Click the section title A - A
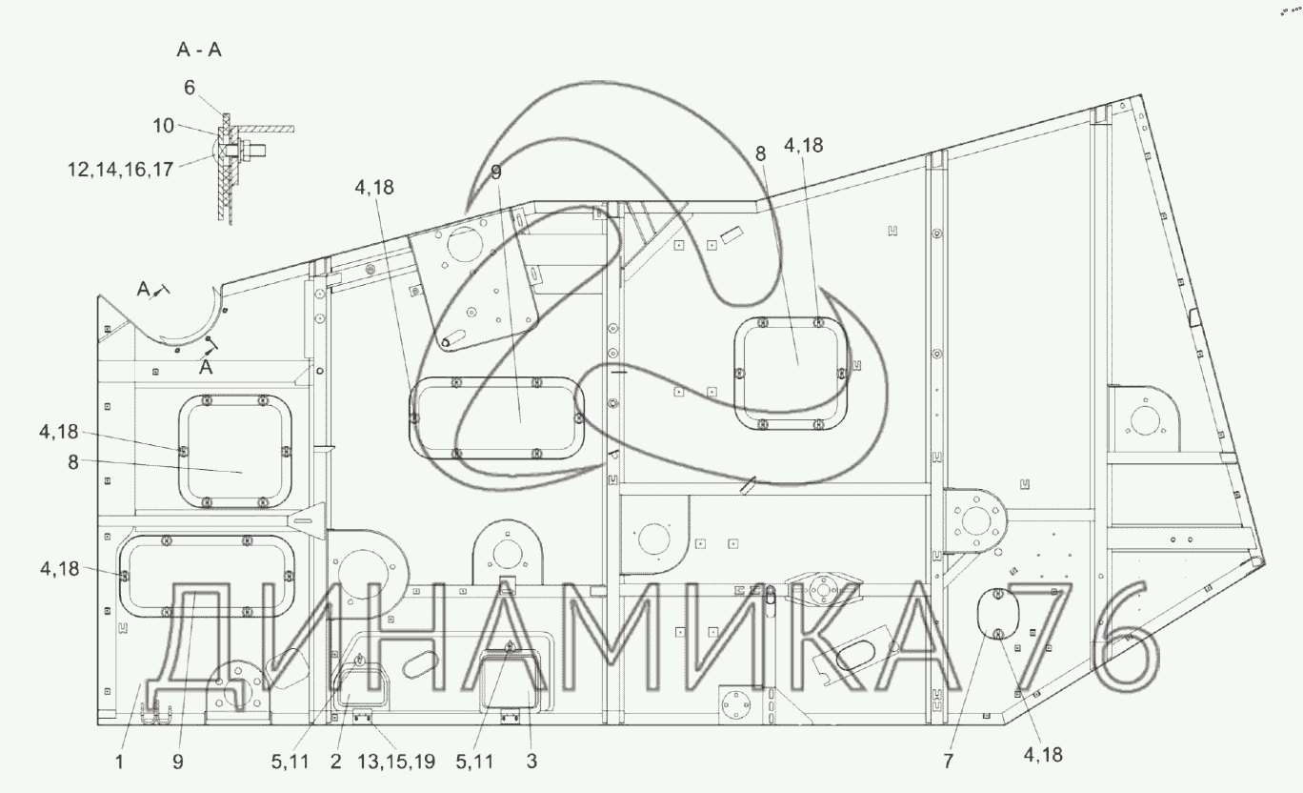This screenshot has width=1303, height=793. [199, 51]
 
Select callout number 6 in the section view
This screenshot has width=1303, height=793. [189, 88]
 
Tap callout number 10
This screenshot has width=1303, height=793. [164, 126]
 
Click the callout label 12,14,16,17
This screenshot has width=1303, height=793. [120, 170]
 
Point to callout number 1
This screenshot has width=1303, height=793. [119, 762]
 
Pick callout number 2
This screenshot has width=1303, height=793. [335, 762]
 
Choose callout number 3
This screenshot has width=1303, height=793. [531, 762]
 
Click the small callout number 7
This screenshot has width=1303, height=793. [948, 761]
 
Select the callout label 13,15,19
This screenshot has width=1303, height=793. [395, 762]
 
